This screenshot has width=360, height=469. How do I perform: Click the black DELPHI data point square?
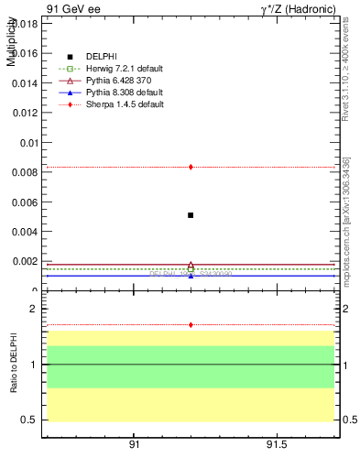click(x=191, y=215)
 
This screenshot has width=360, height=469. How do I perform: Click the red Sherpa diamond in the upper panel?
click(x=191, y=167)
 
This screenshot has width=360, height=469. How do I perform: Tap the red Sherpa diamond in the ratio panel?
click(x=191, y=324)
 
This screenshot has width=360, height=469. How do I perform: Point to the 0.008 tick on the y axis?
click(x=26, y=172)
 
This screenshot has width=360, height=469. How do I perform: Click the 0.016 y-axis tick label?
click(x=26, y=54)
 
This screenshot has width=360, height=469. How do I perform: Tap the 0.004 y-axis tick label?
click(x=26, y=232)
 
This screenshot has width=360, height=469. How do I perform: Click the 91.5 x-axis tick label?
click(x=277, y=445)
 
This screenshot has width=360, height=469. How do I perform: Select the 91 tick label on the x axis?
click(x=134, y=445)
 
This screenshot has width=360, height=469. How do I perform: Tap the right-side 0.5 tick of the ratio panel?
click(x=349, y=420)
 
